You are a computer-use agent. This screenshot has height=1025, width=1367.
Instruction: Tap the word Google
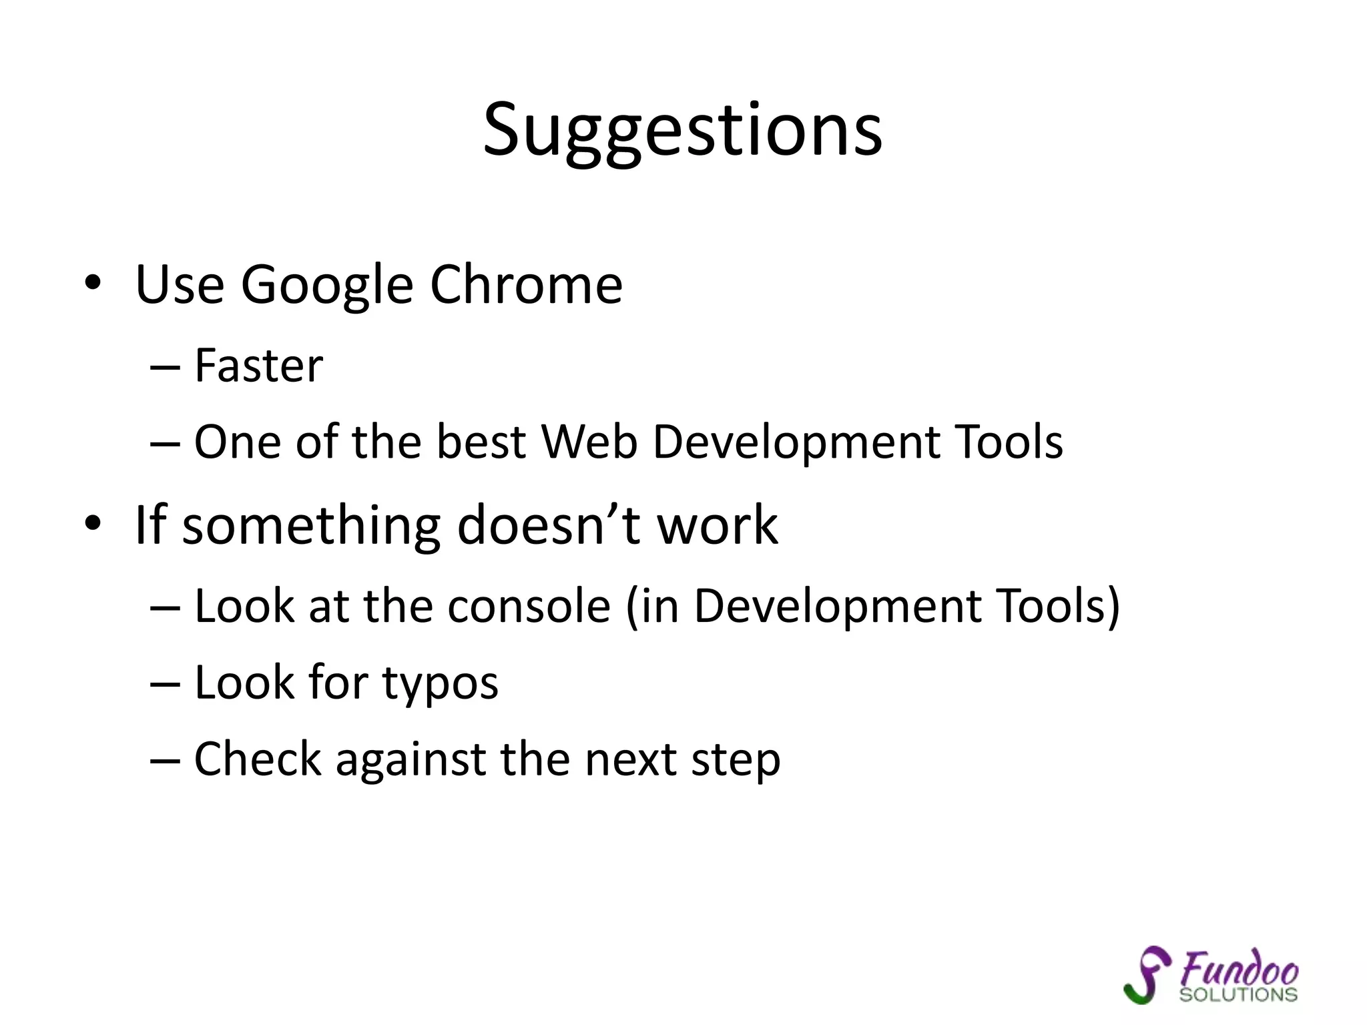pyautogui.click(x=327, y=286)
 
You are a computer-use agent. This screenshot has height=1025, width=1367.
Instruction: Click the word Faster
pyautogui.click(x=258, y=366)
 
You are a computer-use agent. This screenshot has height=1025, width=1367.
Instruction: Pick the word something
pyautogui.click(x=312, y=526)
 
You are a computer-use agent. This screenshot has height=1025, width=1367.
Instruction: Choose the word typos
pyautogui.click(x=440, y=685)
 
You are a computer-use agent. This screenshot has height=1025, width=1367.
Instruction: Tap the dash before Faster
pyautogui.click(x=165, y=367)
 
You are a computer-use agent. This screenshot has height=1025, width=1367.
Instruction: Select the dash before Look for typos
pyautogui.click(x=165, y=684)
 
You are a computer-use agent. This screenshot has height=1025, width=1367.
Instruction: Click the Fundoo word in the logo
pyautogui.click(x=1240, y=969)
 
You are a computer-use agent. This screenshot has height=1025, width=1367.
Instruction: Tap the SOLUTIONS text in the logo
pyautogui.click(x=1238, y=994)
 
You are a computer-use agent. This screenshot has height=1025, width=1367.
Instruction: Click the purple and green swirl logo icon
pyautogui.click(x=1146, y=974)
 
